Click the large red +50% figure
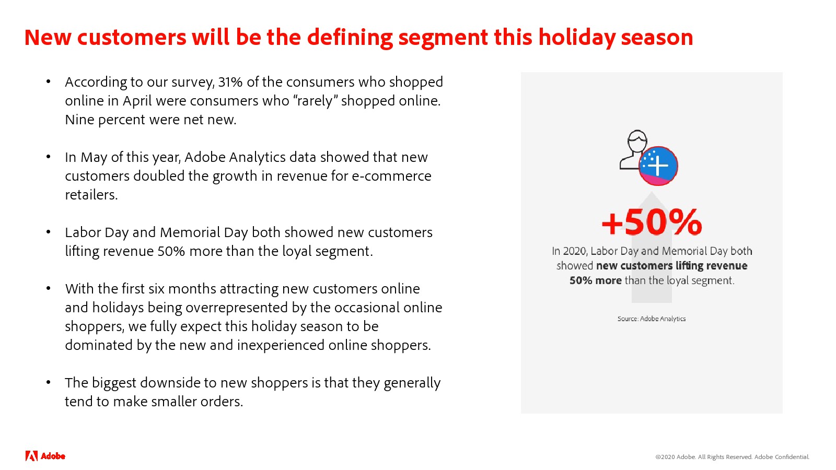coord(652,222)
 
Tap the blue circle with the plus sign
coord(658,166)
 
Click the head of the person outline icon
coord(637,141)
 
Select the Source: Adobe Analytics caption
coord(651,319)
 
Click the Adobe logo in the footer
coord(45,456)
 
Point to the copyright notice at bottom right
coord(732,457)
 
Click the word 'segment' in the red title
coord(443,38)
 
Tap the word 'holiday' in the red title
coord(577,37)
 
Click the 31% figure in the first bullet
coord(230,81)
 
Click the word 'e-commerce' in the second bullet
coord(391,176)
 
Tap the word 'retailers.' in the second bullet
coord(91,195)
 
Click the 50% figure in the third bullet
coord(171,251)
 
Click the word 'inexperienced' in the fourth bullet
coord(281,345)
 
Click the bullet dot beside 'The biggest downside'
coord(48,382)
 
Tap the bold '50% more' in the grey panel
coord(596,280)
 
